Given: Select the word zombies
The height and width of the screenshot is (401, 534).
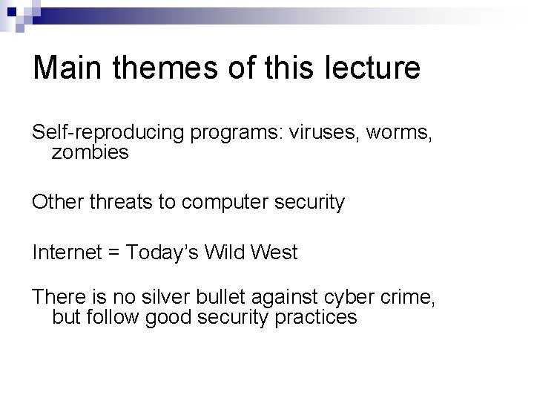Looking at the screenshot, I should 90,153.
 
